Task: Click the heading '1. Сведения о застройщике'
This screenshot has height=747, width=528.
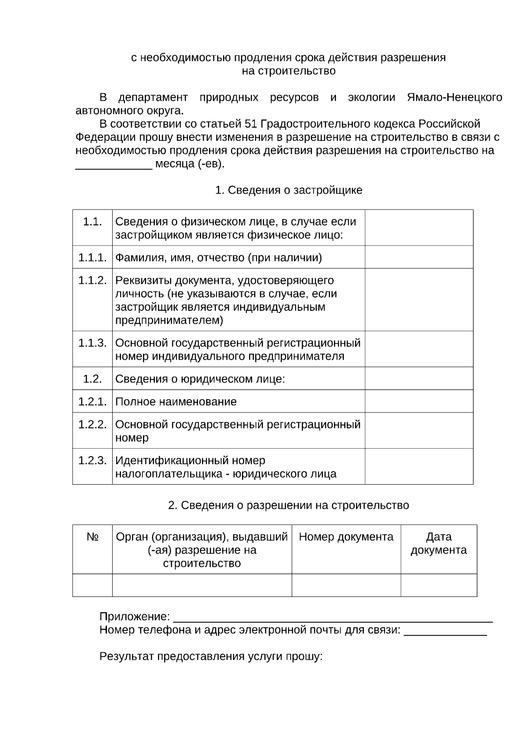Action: pos(289,190)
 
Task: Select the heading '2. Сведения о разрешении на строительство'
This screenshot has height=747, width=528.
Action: pos(289,505)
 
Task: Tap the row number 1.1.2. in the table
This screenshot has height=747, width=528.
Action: pos(92,280)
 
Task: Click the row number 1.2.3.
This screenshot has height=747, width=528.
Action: pos(92,461)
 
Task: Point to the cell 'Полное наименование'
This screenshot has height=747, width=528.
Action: pos(176,402)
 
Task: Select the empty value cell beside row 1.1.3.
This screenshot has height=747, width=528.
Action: pos(419,349)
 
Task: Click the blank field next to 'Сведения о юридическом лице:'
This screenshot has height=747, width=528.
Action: pos(419,379)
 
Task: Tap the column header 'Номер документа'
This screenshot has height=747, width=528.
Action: pos(346,537)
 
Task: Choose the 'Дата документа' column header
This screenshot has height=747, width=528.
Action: pos(439,544)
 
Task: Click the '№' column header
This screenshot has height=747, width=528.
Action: pos(92,537)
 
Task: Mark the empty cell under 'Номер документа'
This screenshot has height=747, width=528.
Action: pos(346,585)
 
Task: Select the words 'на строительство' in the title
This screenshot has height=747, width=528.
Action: pos(289,71)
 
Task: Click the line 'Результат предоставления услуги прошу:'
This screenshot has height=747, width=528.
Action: pos(211,657)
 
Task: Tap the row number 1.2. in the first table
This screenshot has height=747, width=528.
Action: pos(92,379)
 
